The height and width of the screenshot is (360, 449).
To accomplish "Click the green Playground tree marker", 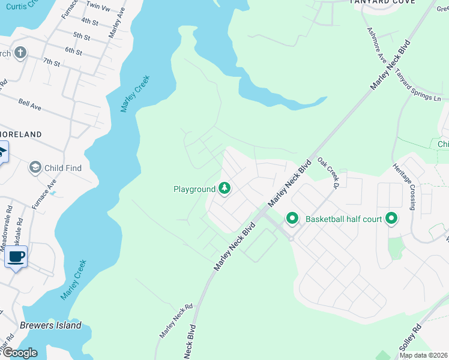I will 224,189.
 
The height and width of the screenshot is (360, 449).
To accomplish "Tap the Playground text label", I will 194,189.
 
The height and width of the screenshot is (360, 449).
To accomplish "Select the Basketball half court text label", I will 343,218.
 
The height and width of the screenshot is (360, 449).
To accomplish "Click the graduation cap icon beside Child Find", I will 35,168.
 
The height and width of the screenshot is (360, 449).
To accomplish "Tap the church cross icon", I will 20,53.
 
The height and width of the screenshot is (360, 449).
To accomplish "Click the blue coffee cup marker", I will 16,258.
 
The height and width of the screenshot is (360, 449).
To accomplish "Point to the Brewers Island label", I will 50,325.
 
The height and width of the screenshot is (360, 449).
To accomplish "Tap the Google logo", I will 19,353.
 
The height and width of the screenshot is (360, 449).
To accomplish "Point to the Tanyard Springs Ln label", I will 417,85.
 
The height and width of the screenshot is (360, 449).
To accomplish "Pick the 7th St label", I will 52,62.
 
